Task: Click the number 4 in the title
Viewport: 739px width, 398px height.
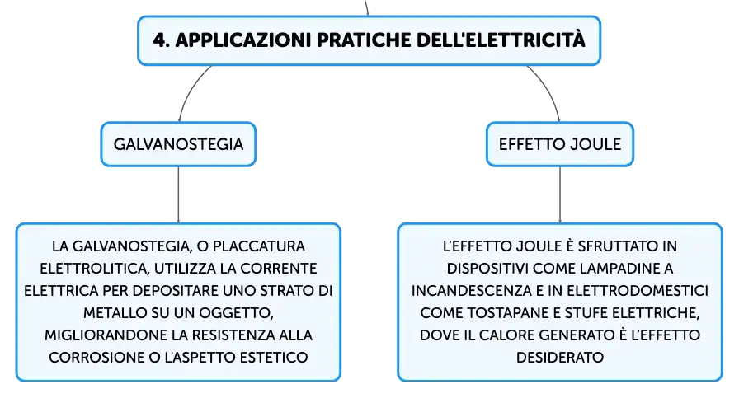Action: [x=160, y=40]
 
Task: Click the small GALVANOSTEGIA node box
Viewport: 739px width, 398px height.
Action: [x=178, y=144]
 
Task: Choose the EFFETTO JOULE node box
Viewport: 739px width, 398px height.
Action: [x=560, y=144]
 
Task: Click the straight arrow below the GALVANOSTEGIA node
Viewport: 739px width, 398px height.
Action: [x=178, y=194]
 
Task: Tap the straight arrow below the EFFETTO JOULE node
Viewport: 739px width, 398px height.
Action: [x=560, y=194]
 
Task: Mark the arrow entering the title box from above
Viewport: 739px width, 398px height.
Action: [x=366, y=7]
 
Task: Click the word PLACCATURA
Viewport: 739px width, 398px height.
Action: [x=259, y=246]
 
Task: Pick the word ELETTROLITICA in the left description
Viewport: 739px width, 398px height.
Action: [x=95, y=269]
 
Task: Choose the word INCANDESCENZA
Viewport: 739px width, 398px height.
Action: [x=471, y=291]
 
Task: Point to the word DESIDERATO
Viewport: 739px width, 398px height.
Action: [x=560, y=358]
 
